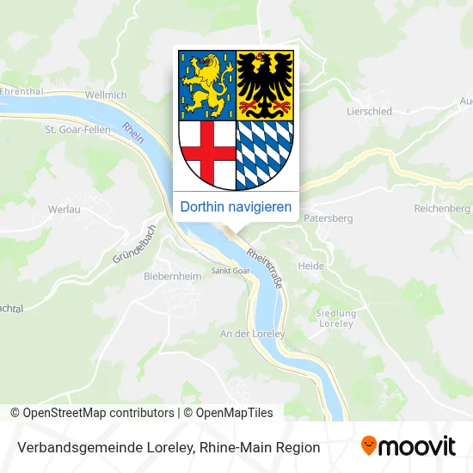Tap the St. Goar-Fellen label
pos(77,131)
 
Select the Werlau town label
pos(65,209)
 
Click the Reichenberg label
pos(442,209)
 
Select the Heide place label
pos(310,267)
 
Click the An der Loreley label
pos(252,332)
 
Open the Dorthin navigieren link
pos(236,207)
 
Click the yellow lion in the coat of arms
pos(206,84)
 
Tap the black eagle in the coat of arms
pos(265,84)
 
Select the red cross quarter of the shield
pos(207,151)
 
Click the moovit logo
pos(408,446)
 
